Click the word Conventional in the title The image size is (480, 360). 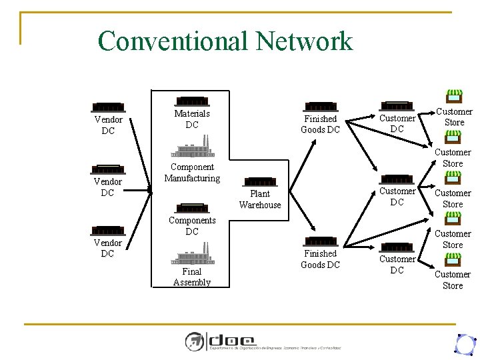(x=173, y=41)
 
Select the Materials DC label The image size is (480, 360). (x=192, y=119)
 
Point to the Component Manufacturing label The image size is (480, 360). (x=192, y=173)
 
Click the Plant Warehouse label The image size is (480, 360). (x=260, y=199)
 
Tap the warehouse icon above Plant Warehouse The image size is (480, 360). (x=260, y=181)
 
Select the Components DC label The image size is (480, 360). (x=192, y=226)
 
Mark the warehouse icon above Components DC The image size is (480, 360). (x=192, y=207)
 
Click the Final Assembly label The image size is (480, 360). (x=192, y=277)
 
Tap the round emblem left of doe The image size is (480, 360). (x=195, y=341)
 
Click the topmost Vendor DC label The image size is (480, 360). (x=108, y=125)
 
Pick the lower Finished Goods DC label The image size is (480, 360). (x=321, y=259)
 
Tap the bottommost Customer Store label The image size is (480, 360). (x=453, y=280)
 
